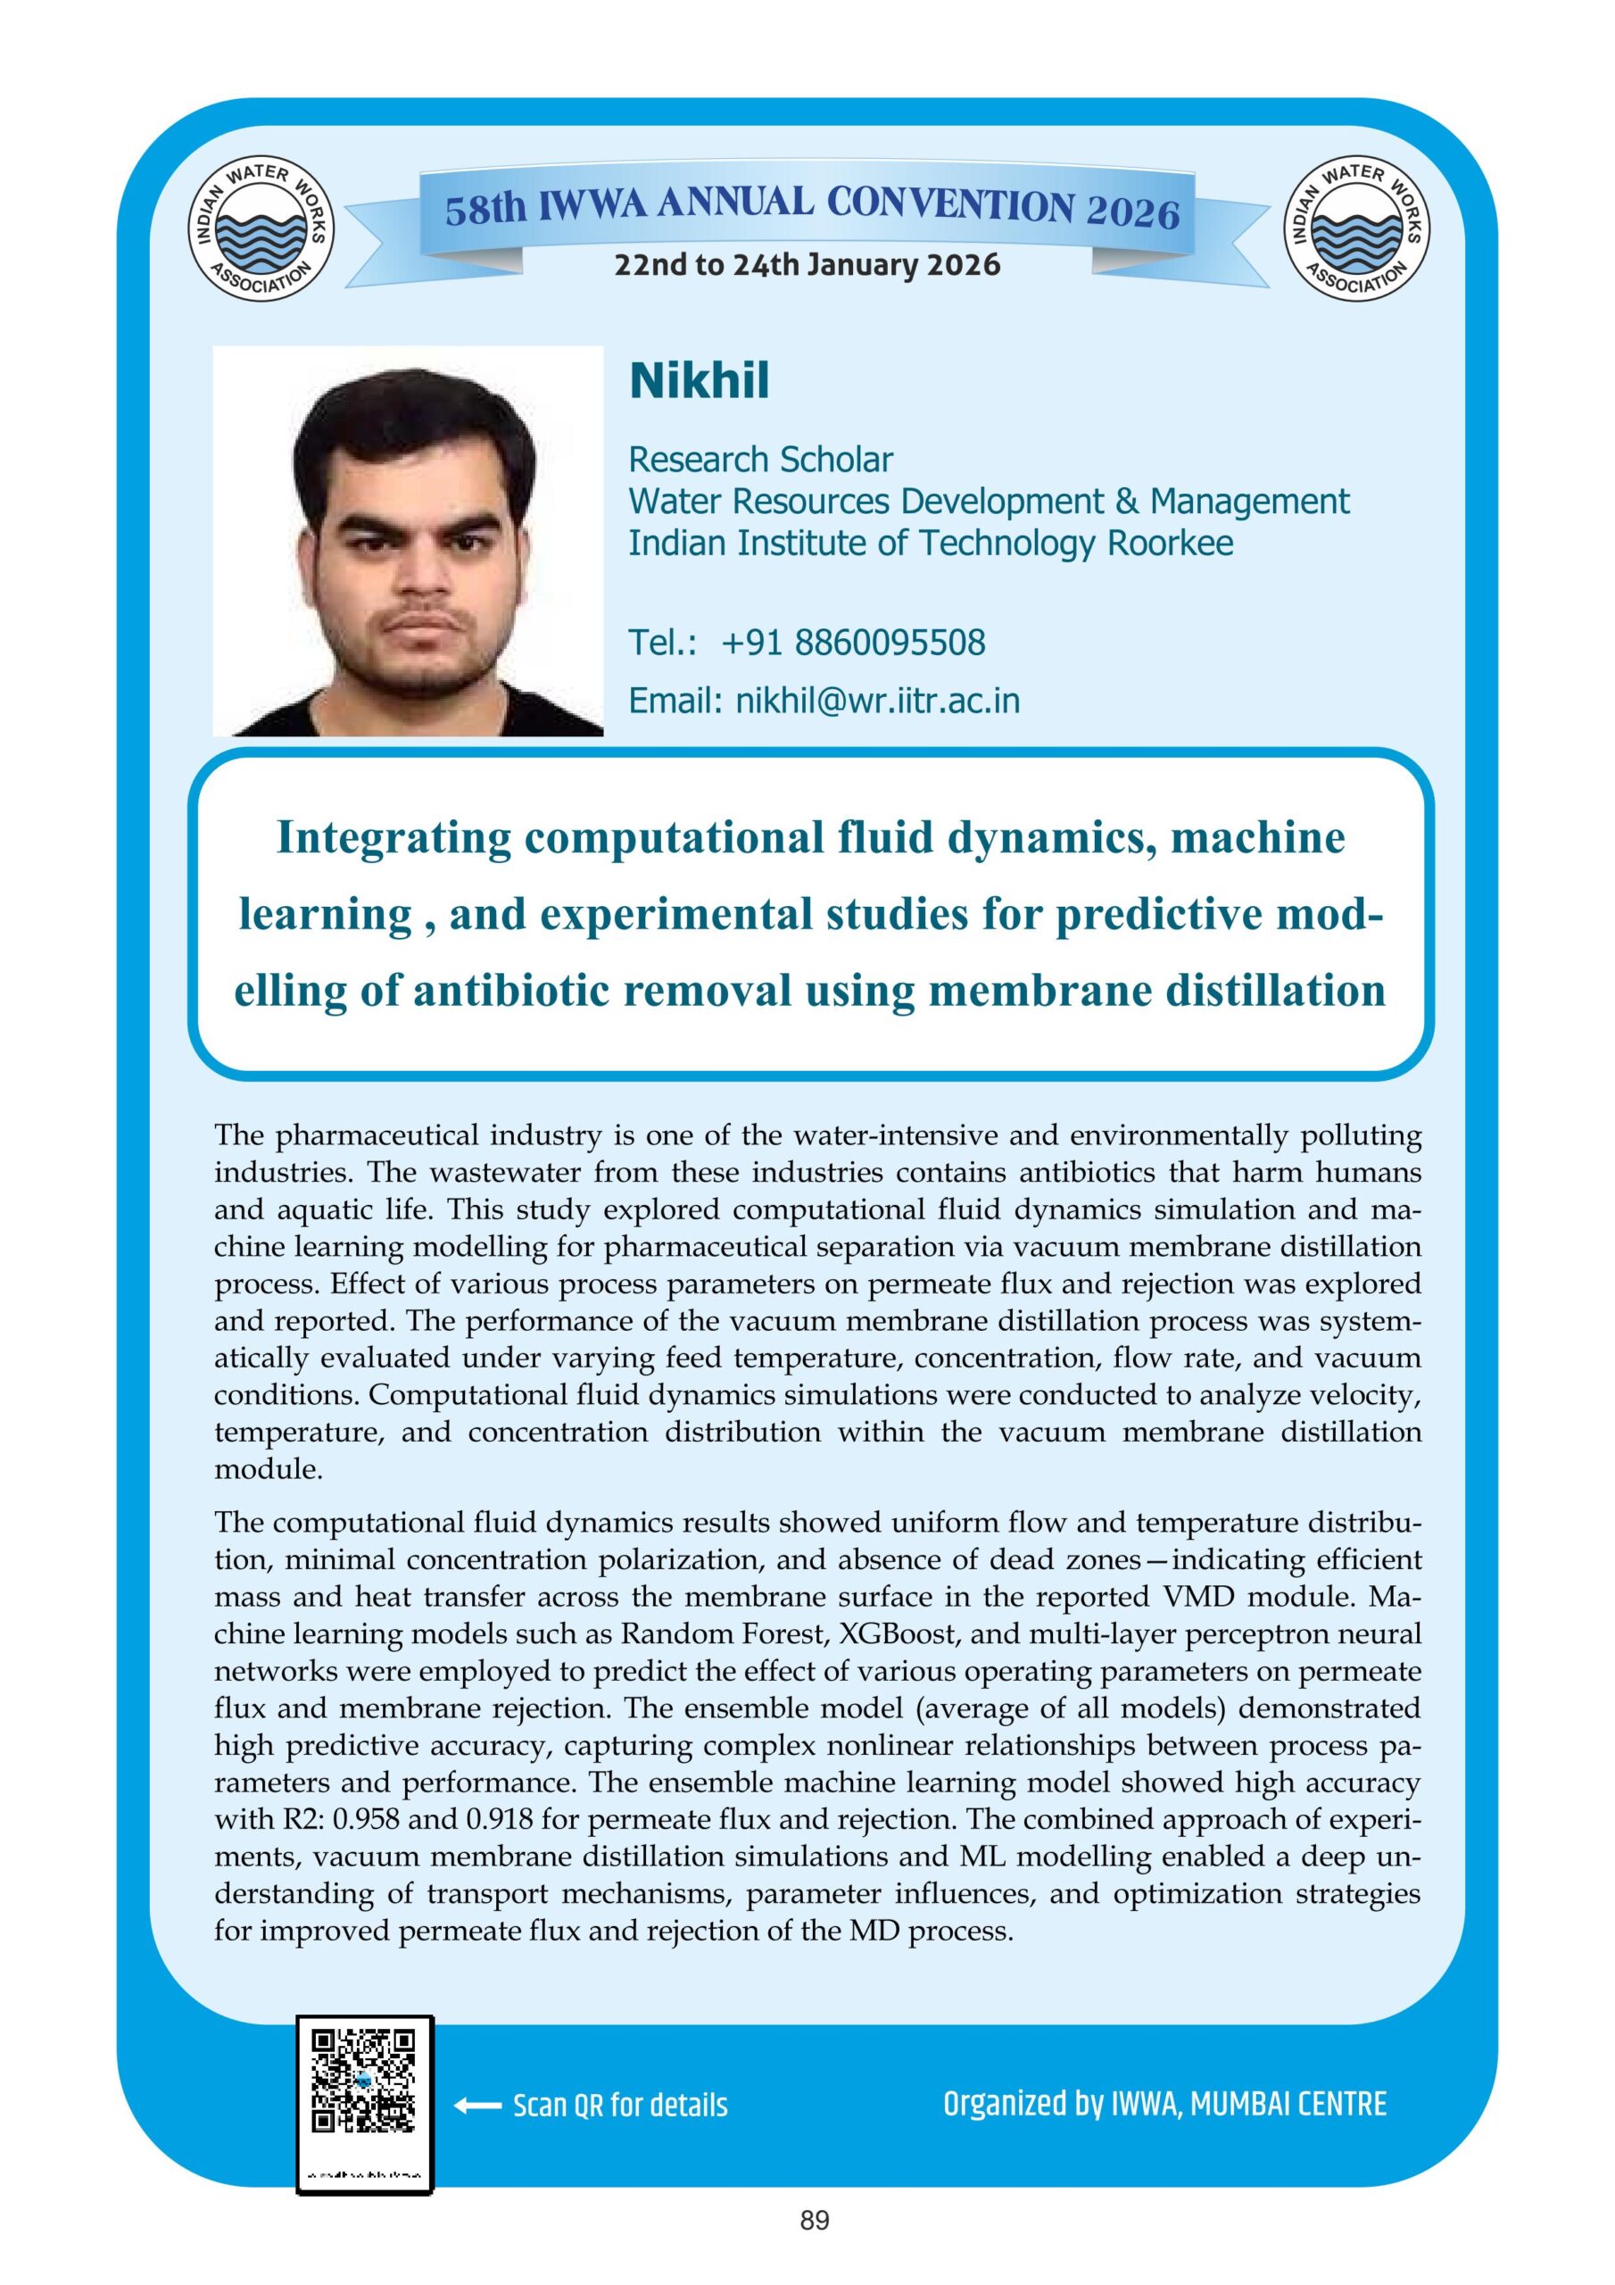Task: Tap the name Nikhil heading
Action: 699,381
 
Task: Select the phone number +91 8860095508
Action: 853,643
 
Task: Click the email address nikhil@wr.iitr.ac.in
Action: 878,701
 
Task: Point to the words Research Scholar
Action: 760,460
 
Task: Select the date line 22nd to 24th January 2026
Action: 807,266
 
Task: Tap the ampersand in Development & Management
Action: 1126,502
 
